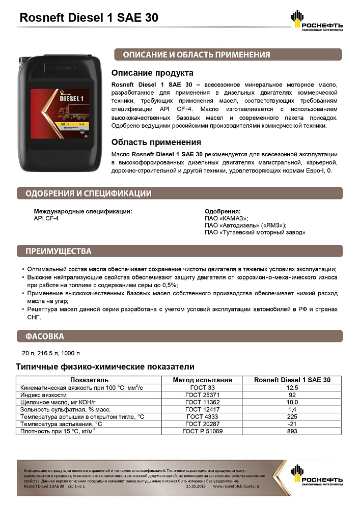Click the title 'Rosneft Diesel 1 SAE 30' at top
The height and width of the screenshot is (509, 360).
coord(89,18)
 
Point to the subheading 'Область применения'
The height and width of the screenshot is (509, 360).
coord(156,142)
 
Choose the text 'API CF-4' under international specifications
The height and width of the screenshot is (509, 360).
coord(46,218)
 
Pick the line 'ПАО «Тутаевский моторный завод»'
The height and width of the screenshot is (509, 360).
coord(255,232)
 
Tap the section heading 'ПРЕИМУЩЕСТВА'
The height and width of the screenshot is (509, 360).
coord(59,251)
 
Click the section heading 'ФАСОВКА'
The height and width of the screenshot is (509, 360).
coord(45,336)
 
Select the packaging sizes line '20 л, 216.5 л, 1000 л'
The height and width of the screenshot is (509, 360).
coord(51,353)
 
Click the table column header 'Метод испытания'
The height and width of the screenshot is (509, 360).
coord(202,380)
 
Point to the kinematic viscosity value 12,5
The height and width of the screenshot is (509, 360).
coord(292,387)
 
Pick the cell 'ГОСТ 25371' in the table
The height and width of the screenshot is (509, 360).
coord(202,394)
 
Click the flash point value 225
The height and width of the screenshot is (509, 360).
coord(292,416)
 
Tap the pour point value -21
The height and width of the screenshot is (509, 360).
coord(292,423)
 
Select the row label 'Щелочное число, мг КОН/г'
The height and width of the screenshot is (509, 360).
coord(59,402)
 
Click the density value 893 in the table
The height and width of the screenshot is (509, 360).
coord(292,431)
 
